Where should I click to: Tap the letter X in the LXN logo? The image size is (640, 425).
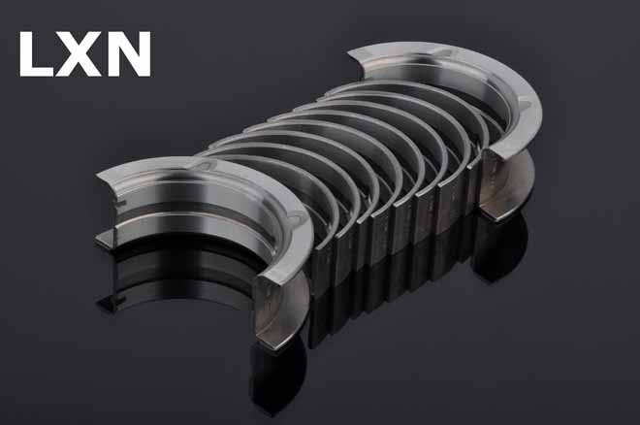[78, 54]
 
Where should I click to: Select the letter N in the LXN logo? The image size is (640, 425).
[127, 54]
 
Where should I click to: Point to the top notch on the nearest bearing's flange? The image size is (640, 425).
[203, 165]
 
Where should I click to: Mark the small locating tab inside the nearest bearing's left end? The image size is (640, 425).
[118, 203]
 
